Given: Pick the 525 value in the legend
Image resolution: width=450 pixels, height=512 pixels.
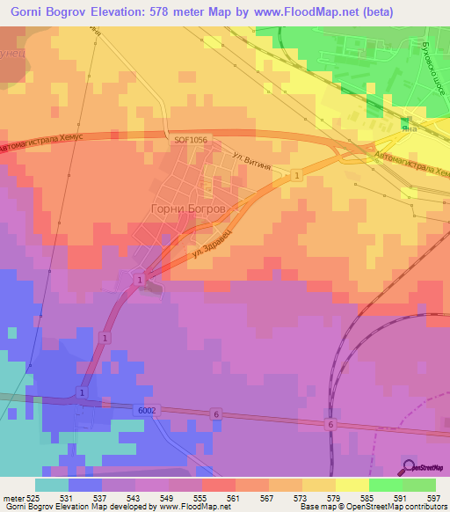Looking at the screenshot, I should [37, 497].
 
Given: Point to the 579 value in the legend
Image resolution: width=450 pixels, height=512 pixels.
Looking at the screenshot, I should [334, 497].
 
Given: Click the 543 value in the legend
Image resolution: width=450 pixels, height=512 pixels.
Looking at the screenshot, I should [136, 497].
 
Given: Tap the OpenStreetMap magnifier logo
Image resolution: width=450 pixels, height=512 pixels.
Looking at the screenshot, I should [410, 467].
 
